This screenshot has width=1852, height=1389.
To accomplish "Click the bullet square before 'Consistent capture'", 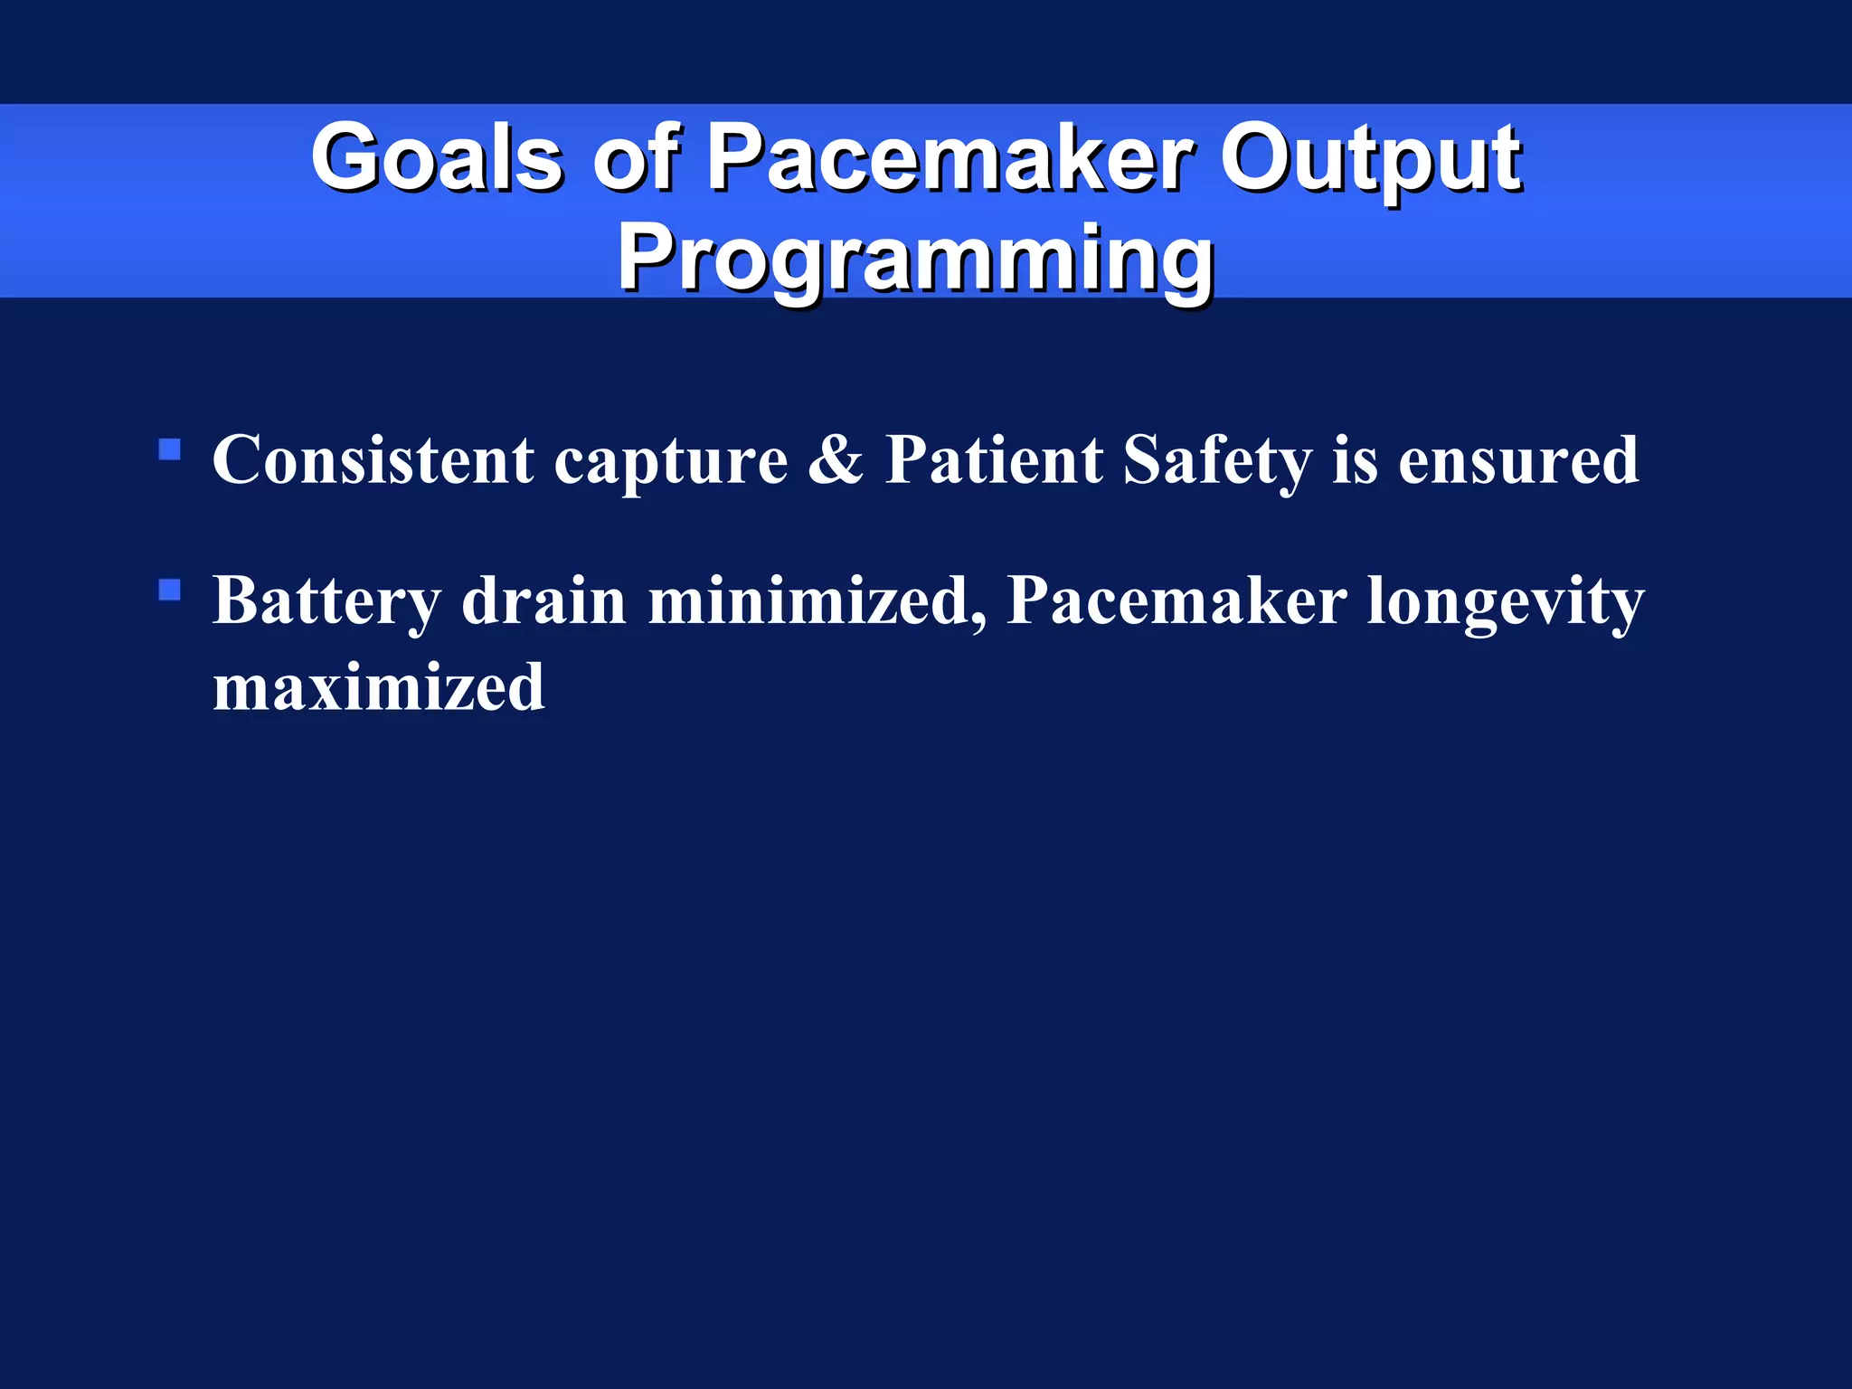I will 169,449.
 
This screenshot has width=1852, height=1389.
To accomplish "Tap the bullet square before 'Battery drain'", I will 169,591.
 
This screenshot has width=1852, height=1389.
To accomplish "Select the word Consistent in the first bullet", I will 373,460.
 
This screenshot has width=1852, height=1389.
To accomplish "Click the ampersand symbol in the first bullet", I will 836,460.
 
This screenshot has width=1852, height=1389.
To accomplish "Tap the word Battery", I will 326,601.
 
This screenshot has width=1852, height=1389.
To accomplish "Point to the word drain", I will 543,601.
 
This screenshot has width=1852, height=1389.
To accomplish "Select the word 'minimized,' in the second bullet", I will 817,601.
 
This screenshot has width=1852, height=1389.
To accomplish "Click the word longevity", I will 1505,601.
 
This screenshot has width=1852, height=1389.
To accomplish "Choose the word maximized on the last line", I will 379,687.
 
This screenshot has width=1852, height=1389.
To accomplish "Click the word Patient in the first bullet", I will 993,460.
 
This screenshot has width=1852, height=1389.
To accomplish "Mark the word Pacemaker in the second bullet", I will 1176,601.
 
